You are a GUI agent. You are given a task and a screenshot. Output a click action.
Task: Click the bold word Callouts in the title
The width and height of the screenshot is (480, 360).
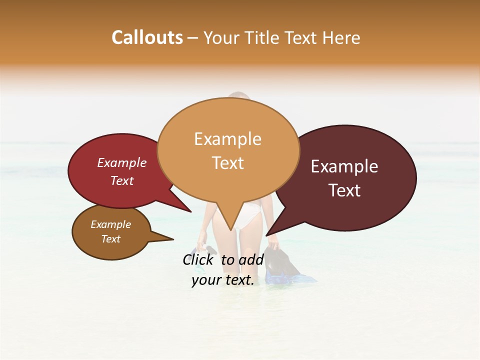click(147, 37)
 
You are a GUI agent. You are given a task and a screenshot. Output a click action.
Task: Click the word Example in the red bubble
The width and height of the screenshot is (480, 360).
click(121, 162)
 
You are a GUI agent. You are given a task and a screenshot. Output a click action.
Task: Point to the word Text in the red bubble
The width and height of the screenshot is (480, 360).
click(121, 180)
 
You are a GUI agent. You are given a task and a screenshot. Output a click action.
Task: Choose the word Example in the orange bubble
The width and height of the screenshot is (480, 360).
click(227, 139)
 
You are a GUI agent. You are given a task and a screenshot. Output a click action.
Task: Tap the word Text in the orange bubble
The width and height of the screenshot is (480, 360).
click(227, 163)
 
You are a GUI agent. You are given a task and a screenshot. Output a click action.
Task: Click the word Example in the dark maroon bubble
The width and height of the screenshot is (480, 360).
click(344, 166)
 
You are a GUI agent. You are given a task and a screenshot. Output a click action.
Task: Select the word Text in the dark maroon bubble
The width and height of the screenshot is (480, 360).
click(344, 190)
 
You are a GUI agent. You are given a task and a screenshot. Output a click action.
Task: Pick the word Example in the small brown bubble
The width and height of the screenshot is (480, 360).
click(110, 224)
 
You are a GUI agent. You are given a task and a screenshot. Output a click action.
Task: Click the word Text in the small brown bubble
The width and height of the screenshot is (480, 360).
click(110, 239)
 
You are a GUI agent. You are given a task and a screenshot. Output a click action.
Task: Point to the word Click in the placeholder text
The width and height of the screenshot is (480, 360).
click(199, 259)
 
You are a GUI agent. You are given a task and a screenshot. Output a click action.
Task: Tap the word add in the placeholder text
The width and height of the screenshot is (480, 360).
click(252, 259)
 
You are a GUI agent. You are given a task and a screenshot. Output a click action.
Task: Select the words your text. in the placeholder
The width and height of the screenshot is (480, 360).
click(222, 280)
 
